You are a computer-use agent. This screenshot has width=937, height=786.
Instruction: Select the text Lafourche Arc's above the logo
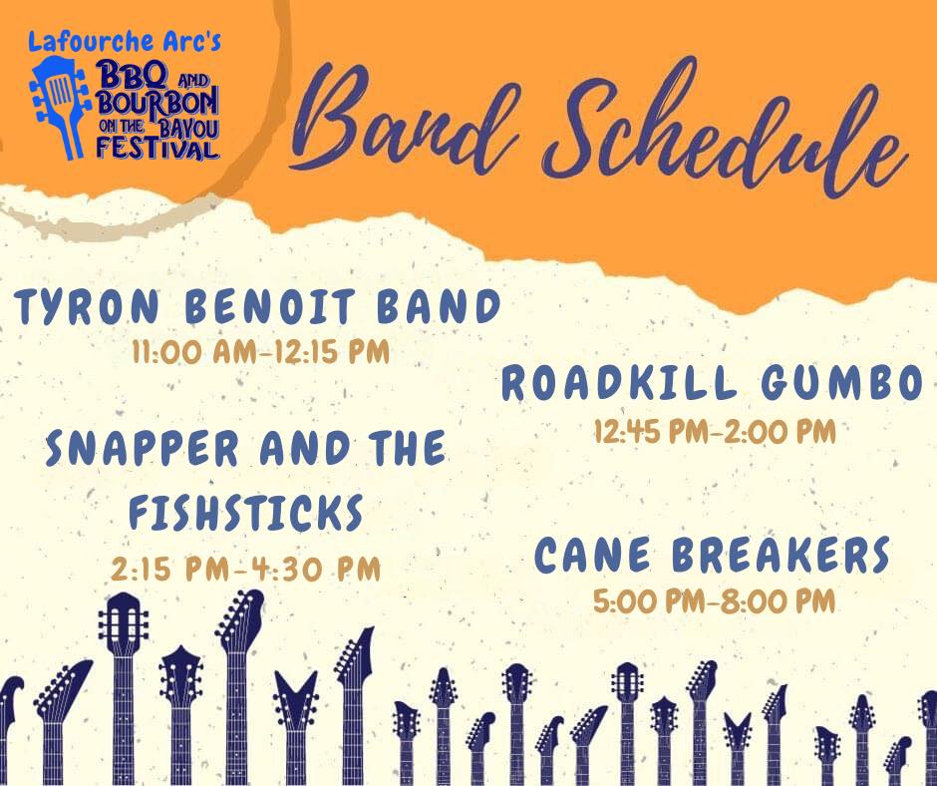(x=125, y=42)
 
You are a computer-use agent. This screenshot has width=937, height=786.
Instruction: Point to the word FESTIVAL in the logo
(x=157, y=149)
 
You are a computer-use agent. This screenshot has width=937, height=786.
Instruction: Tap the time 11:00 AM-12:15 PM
(x=260, y=351)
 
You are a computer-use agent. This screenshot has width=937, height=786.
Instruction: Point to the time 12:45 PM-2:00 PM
(x=715, y=431)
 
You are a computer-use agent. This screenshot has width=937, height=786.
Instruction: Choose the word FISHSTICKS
(x=246, y=512)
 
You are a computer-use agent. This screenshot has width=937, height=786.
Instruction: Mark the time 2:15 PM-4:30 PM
(x=245, y=569)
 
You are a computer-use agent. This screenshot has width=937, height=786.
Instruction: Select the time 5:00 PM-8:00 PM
(x=714, y=601)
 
